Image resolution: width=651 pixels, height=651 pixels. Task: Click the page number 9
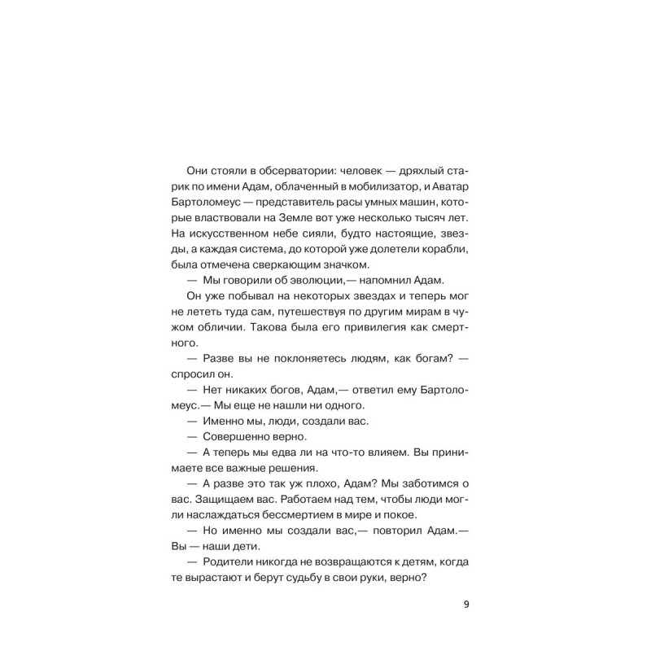[466, 604]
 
